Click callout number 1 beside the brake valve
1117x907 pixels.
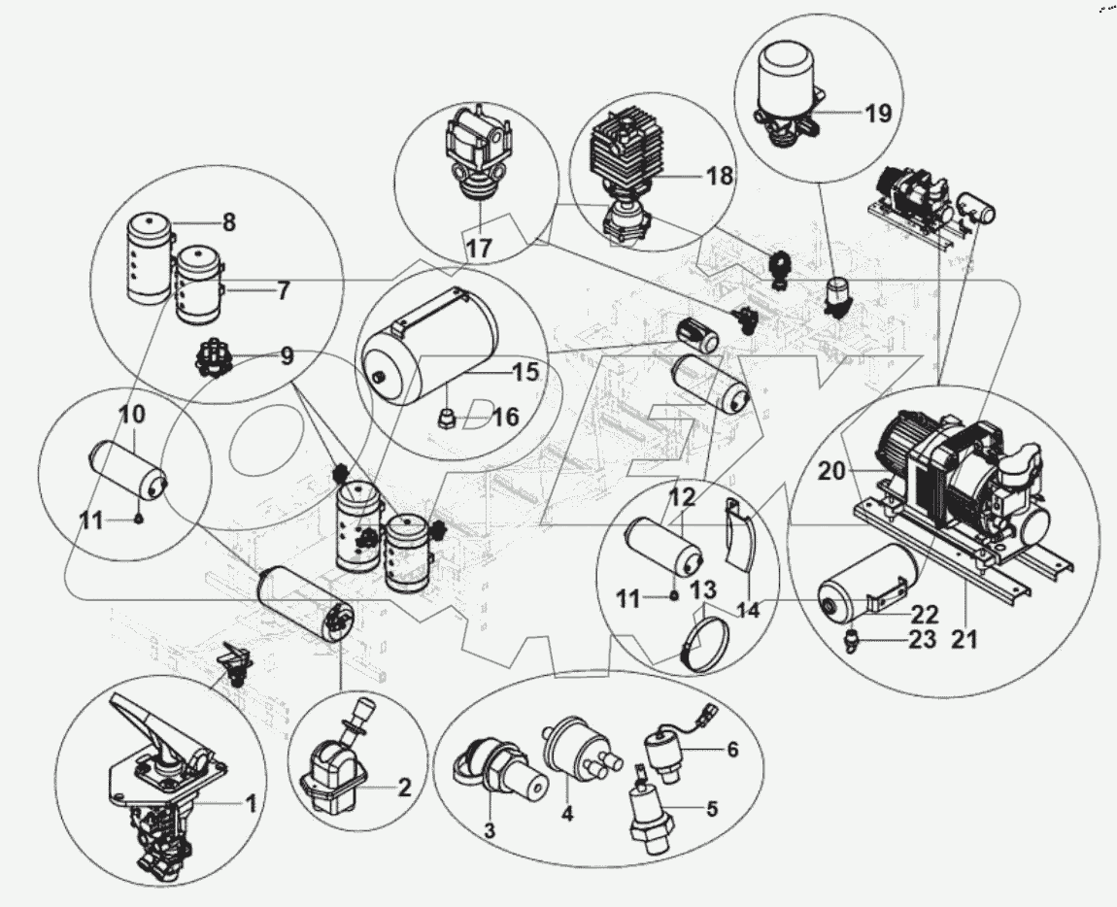pyautogui.click(x=250, y=803)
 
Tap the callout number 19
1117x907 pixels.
pyautogui.click(x=877, y=114)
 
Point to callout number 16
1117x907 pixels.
pyautogui.click(x=506, y=418)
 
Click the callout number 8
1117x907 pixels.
pyautogui.click(x=228, y=222)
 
